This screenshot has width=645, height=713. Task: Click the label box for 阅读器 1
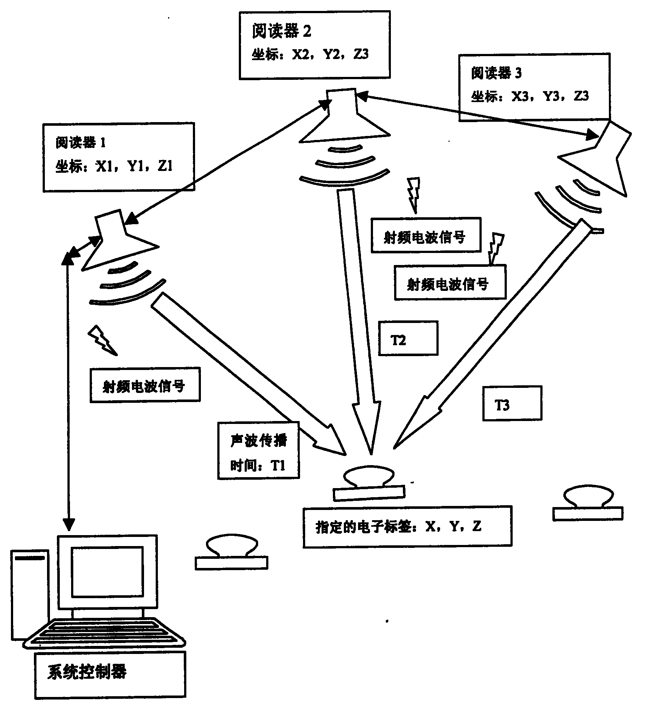click(x=118, y=157)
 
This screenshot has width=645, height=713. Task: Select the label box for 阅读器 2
click(x=314, y=44)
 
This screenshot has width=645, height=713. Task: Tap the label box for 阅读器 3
click(x=534, y=87)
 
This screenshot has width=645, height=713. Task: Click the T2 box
click(x=408, y=338)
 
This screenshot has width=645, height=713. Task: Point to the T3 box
click(x=512, y=404)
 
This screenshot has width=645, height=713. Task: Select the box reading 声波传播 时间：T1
click(x=258, y=450)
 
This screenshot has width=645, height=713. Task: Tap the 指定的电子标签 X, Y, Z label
click(x=407, y=526)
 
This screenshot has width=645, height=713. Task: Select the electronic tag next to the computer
click(x=231, y=553)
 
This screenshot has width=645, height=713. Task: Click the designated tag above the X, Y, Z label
click(x=369, y=483)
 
